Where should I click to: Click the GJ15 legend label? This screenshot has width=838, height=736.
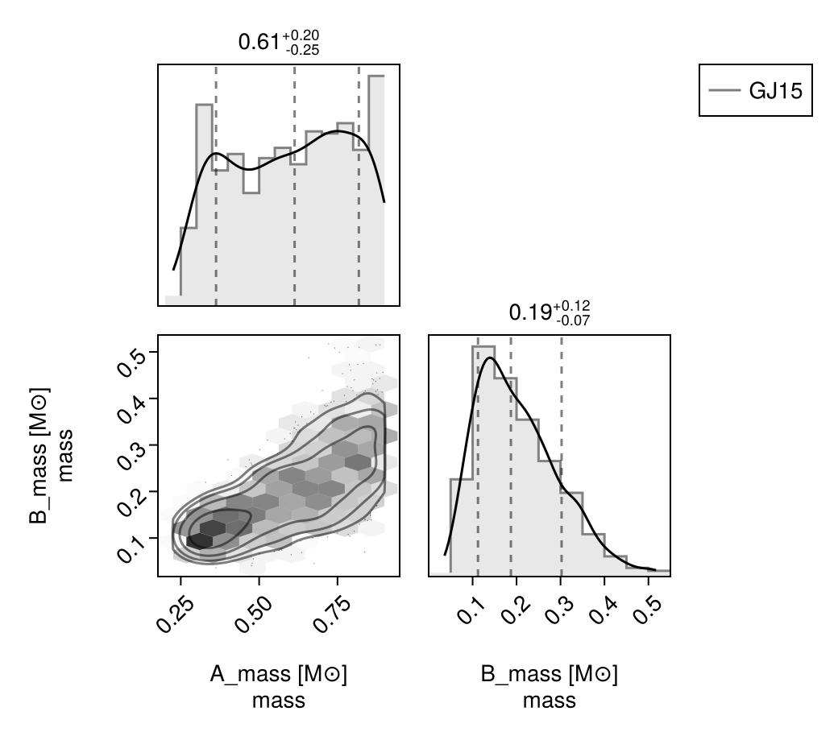click(775, 91)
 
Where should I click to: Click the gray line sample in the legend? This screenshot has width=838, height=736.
click(724, 90)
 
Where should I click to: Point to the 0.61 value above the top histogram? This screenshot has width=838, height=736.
click(259, 42)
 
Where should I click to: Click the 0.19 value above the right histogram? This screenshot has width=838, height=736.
click(530, 312)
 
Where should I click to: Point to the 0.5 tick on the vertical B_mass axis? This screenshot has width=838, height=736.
click(131, 362)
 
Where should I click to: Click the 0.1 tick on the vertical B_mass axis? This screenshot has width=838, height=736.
click(131, 548)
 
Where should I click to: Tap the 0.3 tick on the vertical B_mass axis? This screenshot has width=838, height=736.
click(131, 455)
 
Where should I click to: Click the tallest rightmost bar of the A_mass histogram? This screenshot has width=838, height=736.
click(376, 190)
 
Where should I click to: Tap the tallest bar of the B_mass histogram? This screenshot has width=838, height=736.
click(483, 461)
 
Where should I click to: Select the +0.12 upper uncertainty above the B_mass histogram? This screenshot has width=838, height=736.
click(572, 306)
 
